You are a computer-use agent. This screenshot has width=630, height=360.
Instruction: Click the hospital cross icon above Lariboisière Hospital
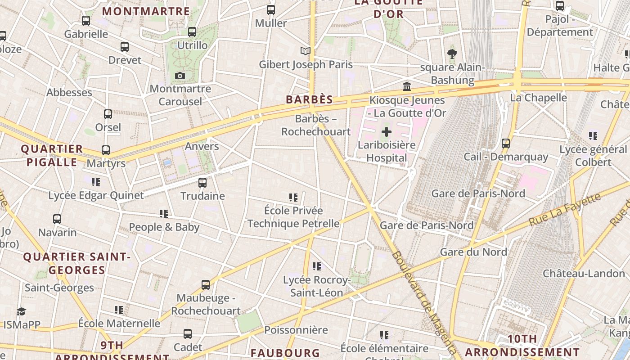pyautogui.click(x=387, y=132)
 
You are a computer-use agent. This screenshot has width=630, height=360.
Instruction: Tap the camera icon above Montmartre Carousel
pyautogui.click(x=180, y=76)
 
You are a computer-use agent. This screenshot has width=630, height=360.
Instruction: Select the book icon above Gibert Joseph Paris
pyautogui.click(x=306, y=51)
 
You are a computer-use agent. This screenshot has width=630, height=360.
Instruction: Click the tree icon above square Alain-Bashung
pyautogui.click(x=452, y=54)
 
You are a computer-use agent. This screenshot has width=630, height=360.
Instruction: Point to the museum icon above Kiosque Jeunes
pyautogui.click(x=407, y=86)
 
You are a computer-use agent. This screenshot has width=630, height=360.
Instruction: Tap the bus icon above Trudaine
pyautogui.click(x=202, y=182)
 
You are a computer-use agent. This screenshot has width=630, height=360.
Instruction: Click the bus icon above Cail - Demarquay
pyautogui.click(x=506, y=144)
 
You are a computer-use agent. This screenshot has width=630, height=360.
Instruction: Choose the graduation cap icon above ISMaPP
pyautogui.click(x=21, y=311)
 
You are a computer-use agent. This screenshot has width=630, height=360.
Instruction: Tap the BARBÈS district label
pyautogui.click(x=310, y=99)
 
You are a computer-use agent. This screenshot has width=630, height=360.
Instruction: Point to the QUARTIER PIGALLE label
pyautogui.click(x=52, y=155)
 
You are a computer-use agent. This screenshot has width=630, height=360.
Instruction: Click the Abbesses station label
pyautogui.click(x=69, y=92)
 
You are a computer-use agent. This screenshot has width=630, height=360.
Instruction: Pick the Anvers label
pyautogui.click(x=202, y=146)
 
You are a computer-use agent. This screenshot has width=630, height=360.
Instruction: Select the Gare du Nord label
pyautogui.click(x=473, y=252)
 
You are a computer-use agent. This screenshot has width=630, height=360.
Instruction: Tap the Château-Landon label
pyautogui.click(x=584, y=274)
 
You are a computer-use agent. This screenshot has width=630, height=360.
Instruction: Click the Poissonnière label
pyautogui.click(x=296, y=330)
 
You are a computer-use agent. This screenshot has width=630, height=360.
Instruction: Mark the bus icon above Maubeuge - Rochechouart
pyautogui.click(x=206, y=284)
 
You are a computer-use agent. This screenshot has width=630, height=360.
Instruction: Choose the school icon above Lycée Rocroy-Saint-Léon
pyautogui.click(x=316, y=266)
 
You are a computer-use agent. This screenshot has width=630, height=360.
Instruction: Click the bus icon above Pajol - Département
pyautogui.click(x=560, y=6)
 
